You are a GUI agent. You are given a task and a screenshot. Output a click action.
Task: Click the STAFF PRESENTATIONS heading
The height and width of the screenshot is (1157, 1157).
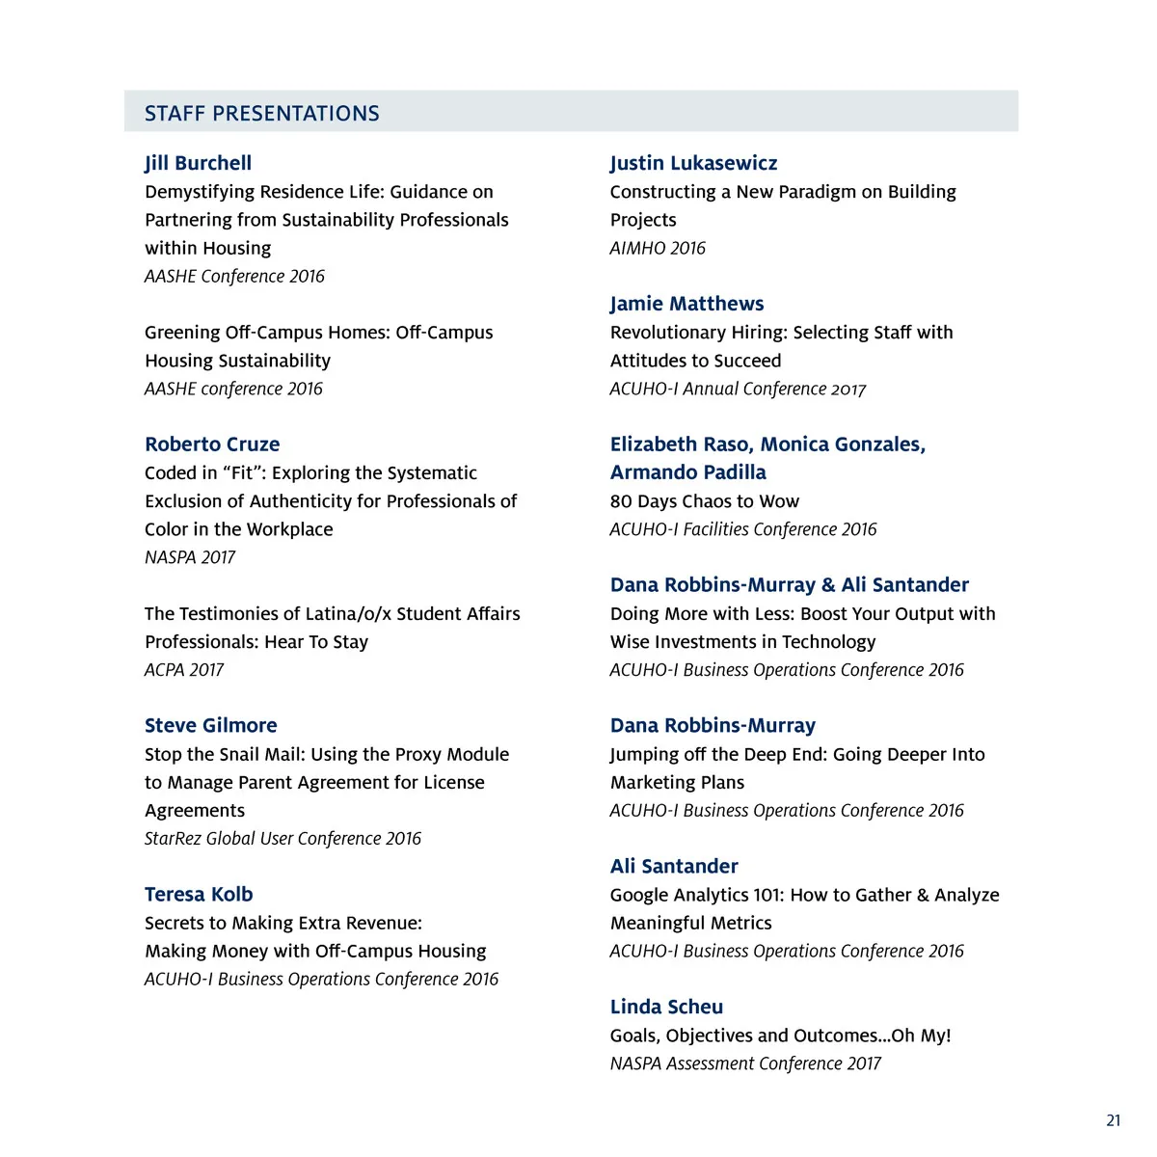click(x=261, y=113)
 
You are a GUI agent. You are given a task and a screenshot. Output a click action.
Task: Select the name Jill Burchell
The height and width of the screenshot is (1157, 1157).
click(x=198, y=163)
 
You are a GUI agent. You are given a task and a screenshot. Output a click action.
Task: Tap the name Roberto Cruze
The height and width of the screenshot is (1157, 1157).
click(x=212, y=444)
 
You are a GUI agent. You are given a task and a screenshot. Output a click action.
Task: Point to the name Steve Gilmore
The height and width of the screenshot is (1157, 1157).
click(x=210, y=726)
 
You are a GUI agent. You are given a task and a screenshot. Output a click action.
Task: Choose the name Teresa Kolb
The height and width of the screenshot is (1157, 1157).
click(x=199, y=895)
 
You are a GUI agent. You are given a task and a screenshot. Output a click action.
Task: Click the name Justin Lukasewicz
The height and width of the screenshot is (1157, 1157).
click(x=693, y=163)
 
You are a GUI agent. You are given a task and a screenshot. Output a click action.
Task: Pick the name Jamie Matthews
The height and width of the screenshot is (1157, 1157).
click(x=686, y=304)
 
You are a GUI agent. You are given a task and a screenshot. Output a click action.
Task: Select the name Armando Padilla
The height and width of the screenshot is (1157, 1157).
click(x=687, y=472)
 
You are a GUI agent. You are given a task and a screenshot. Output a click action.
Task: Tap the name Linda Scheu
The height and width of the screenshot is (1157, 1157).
click(x=666, y=1007)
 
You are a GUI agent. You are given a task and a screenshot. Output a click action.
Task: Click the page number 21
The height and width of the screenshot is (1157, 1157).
click(x=1114, y=1120)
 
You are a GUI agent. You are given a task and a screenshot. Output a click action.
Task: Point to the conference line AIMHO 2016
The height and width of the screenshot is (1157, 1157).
click(x=658, y=248)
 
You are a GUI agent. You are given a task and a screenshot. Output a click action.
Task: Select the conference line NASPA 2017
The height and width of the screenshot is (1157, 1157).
click(x=190, y=557)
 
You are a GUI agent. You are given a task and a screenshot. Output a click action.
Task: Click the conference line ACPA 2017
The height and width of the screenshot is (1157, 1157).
click(x=183, y=670)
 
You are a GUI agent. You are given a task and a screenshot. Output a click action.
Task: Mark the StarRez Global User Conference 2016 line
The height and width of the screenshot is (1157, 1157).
click(x=283, y=839)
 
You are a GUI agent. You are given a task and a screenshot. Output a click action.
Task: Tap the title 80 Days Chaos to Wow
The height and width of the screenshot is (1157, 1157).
click(x=704, y=501)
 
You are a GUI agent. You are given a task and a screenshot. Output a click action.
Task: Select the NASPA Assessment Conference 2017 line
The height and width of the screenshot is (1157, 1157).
click(x=745, y=1063)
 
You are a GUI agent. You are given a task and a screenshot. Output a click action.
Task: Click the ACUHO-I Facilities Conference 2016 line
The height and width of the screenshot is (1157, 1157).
click(x=743, y=529)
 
